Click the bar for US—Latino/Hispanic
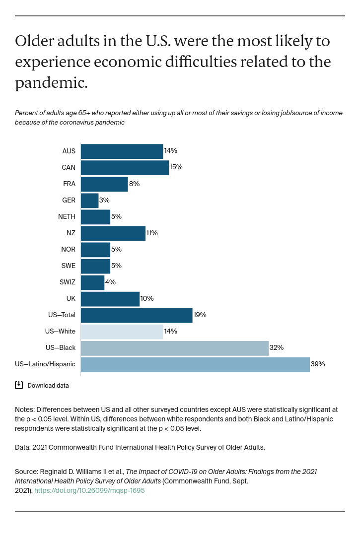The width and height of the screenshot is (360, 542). (x=195, y=364)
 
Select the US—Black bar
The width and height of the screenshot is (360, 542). (x=174, y=348)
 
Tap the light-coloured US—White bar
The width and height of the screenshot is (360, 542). (x=122, y=332)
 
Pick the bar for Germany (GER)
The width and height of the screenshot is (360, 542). (x=89, y=201)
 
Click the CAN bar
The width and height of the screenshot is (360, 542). (x=125, y=168)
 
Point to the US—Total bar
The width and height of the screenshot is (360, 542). (x=136, y=315)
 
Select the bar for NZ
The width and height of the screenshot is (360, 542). (x=113, y=233)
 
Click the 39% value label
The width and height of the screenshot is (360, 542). (x=318, y=364)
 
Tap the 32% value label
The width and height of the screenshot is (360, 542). (x=277, y=348)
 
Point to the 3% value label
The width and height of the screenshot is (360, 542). (x=104, y=201)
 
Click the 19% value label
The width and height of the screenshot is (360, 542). (x=200, y=315)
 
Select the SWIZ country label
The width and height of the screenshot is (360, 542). (x=67, y=282)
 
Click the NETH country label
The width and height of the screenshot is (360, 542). (x=67, y=217)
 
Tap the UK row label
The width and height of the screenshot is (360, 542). (x=71, y=299)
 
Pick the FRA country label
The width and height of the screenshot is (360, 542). (x=69, y=184)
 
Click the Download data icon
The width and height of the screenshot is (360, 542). (x=19, y=385)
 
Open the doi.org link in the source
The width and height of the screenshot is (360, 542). (x=89, y=490)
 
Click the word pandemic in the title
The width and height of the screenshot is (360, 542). (x=51, y=83)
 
